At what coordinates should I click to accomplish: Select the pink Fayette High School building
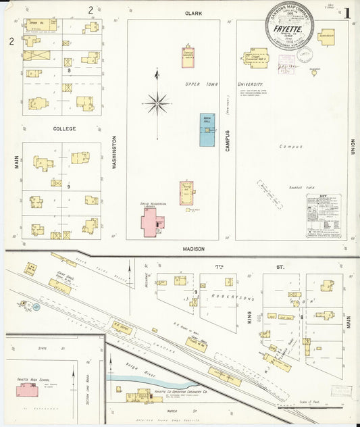point(27,391)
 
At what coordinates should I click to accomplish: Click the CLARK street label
point(194,13)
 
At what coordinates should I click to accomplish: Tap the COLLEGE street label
point(64,128)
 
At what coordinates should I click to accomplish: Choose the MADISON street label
point(194,249)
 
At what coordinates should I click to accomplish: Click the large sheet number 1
point(346,13)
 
